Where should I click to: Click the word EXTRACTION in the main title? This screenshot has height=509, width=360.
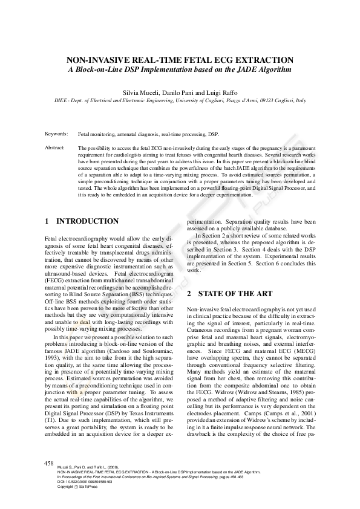[261, 60]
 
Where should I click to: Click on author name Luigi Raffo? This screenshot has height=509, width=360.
[220, 90]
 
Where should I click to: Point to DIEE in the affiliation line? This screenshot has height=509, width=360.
[63, 99]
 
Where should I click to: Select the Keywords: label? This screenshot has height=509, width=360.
[56, 133]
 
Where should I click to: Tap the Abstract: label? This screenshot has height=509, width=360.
[55, 148]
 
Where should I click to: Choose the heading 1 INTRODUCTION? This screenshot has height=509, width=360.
[82, 222]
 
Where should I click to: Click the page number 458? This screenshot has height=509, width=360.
[50, 462]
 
